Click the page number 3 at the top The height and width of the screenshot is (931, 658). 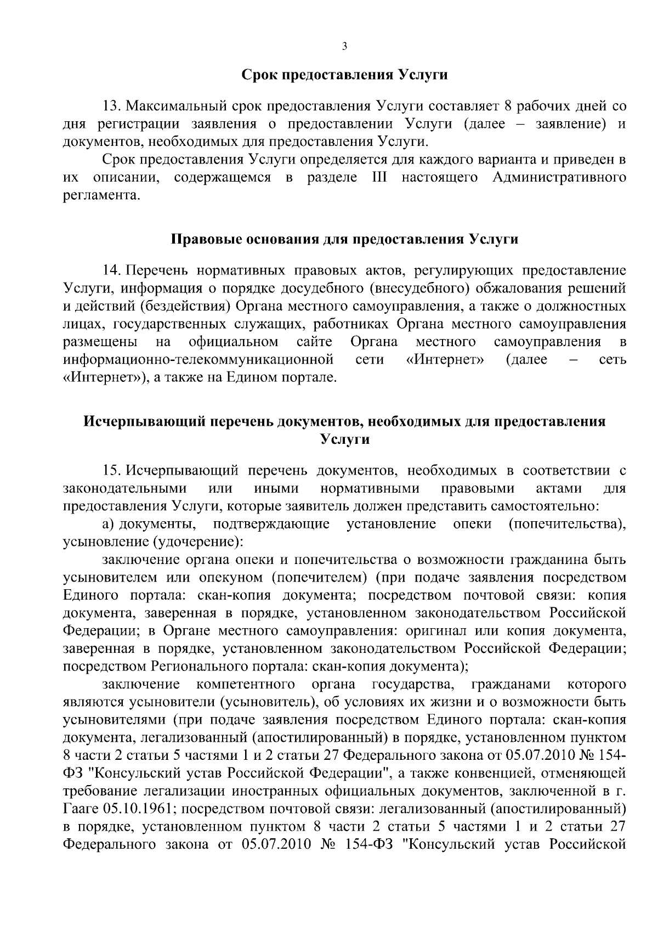344,47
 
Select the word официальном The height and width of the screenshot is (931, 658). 233,342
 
